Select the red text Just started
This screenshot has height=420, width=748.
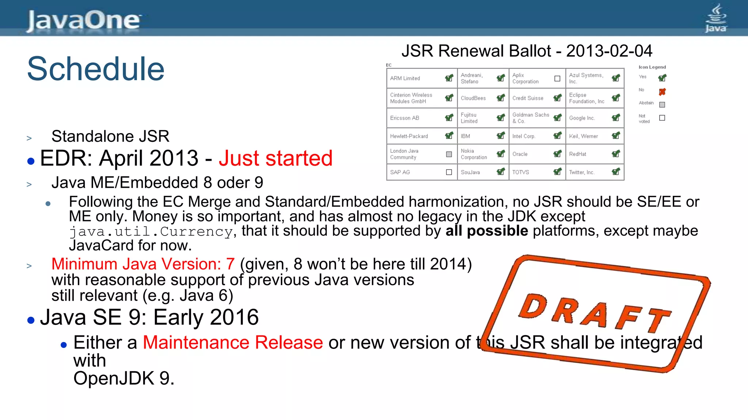(x=275, y=158)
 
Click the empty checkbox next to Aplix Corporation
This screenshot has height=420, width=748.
(x=557, y=78)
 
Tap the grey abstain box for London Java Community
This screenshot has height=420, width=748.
(x=449, y=154)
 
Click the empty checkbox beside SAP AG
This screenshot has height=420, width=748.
(x=449, y=172)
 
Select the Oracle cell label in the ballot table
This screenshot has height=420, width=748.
(x=520, y=154)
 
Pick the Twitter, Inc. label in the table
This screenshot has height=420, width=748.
(x=581, y=172)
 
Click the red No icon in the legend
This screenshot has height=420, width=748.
(x=662, y=92)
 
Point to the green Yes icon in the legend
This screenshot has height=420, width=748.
(x=662, y=78)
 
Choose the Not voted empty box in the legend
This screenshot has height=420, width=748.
(x=662, y=118)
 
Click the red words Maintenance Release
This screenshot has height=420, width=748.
(x=233, y=343)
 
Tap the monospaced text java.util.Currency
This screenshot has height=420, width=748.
(x=151, y=232)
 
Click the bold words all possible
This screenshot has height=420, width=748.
(x=486, y=231)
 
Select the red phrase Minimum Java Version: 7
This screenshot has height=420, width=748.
(x=143, y=264)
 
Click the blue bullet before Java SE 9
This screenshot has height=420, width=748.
(x=31, y=320)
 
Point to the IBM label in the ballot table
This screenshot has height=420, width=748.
(x=465, y=136)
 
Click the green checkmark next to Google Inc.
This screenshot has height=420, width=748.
(x=616, y=117)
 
